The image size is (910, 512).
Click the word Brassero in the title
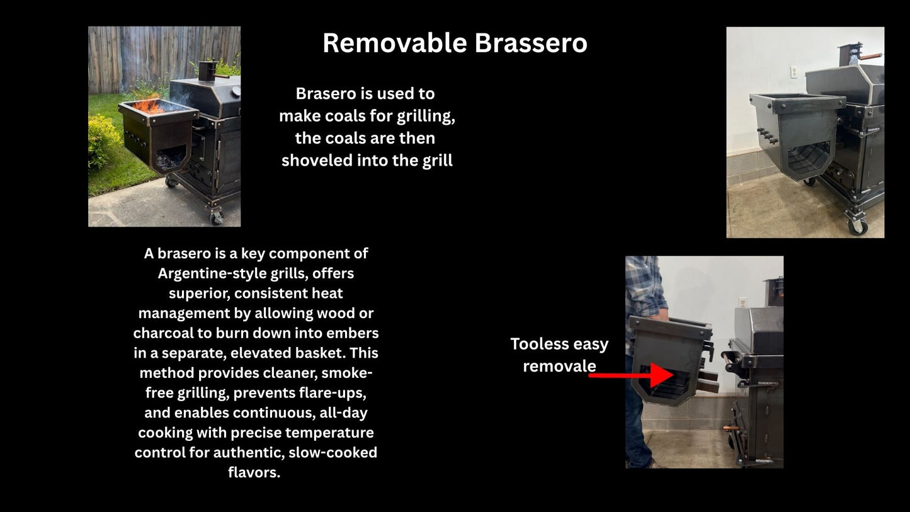(x=531, y=43)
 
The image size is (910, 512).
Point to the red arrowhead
(x=661, y=375)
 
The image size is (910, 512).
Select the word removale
(x=559, y=366)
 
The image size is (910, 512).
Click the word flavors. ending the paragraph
(x=254, y=472)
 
